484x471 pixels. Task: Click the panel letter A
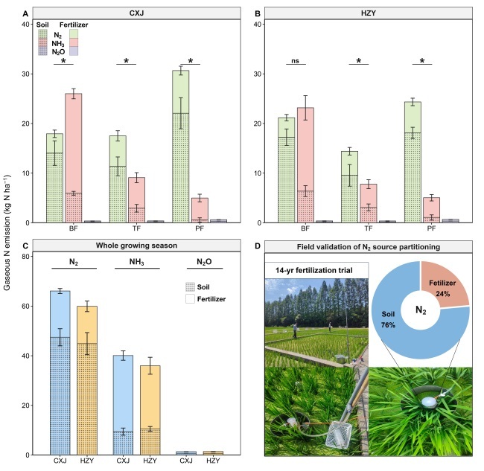coord(26,13)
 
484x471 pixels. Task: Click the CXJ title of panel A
coord(135,13)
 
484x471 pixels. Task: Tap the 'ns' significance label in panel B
coord(296,61)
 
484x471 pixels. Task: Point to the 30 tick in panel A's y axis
coord(31,74)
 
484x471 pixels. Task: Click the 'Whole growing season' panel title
coord(135,246)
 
